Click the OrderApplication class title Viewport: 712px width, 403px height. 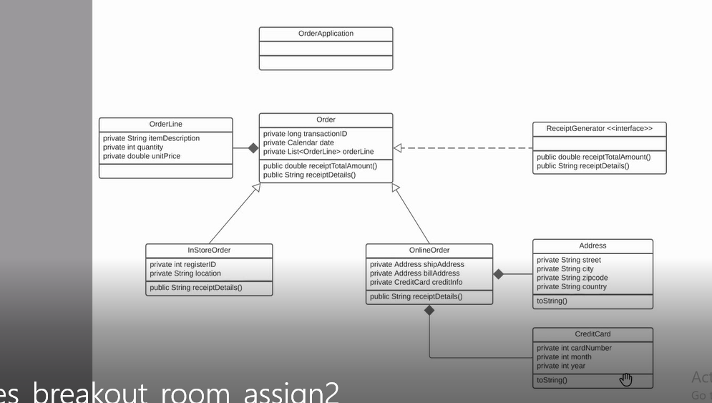click(326, 34)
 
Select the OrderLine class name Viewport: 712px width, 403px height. click(165, 125)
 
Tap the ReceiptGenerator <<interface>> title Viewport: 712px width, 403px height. click(600, 128)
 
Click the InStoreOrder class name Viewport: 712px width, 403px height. click(209, 251)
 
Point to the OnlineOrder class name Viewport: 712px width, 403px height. click(429, 251)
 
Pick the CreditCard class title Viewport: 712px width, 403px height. click(592, 334)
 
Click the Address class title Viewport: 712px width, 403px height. click(592, 246)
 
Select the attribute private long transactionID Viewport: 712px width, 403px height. click(306, 134)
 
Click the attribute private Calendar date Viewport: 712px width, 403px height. click(298, 142)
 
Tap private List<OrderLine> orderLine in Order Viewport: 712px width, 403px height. click(318, 152)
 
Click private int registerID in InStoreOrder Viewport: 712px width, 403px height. click(183, 264)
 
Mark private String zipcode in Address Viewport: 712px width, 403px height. click(572, 278)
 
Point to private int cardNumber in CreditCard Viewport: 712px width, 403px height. click(574, 349)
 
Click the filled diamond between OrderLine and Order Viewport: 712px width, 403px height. click(253, 148)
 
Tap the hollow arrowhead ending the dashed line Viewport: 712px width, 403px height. click(398, 148)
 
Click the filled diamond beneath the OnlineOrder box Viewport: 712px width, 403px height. click(429, 311)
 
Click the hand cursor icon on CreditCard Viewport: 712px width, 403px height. click(626, 379)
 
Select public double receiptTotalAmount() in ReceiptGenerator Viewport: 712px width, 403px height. click(593, 157)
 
